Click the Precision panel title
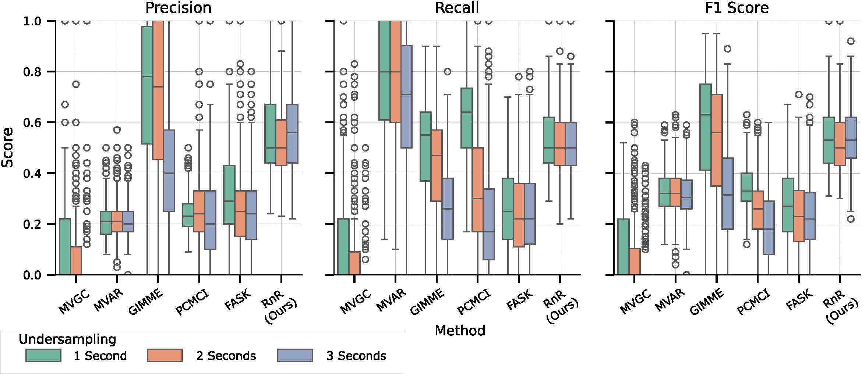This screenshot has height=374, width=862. point(178,8)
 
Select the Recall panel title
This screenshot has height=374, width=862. point(457,8)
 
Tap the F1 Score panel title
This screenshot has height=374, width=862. point(736,8)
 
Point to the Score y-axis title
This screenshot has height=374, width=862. point(7,147)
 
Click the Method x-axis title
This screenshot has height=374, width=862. point(460,331)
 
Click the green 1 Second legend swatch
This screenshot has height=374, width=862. point(43,356)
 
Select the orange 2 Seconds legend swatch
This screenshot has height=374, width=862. point(165,356)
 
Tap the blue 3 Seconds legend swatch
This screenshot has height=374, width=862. point(295,356)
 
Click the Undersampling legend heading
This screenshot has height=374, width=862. point(67,339)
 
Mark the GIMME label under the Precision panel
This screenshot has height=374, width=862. point(146,302)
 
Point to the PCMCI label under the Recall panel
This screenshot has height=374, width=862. point(474,302)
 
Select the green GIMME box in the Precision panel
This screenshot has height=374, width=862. point(147,85)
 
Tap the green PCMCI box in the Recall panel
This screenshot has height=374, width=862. point(467,118)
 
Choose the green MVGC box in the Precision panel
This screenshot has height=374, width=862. point(65,246)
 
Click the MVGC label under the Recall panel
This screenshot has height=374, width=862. point(356,302)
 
